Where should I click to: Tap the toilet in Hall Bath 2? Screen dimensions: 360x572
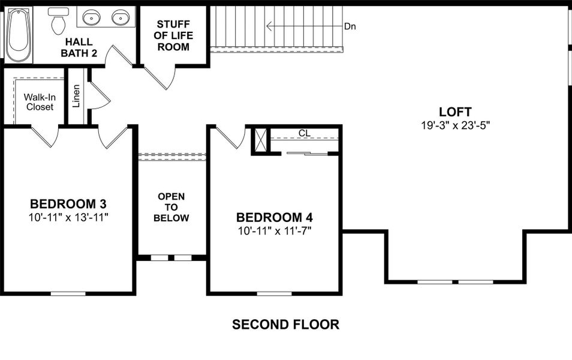pos(58,21)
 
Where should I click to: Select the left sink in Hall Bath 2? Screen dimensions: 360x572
pos(92,17)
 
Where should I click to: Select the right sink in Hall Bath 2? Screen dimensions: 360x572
pos(121,17)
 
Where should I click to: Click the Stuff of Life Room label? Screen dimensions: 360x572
pos(173,35)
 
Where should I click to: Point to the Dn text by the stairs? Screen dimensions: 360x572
pos(350,27)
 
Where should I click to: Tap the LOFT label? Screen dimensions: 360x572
pos(455,112)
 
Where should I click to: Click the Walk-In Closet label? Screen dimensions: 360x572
pos(39,102)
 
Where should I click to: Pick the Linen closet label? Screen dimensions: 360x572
pos(76,96)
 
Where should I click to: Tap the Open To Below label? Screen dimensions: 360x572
pos(171,207)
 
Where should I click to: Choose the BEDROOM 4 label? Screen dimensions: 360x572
pos(274,217)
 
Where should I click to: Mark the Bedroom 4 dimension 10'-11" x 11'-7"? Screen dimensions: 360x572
pos(274,230)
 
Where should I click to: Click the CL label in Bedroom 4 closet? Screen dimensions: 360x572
pos(304,133)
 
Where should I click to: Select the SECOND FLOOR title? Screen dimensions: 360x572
pos(285,325)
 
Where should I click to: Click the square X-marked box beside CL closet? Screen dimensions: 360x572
pos(260,140)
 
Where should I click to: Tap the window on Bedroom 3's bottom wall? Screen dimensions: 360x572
pos(68,293)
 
